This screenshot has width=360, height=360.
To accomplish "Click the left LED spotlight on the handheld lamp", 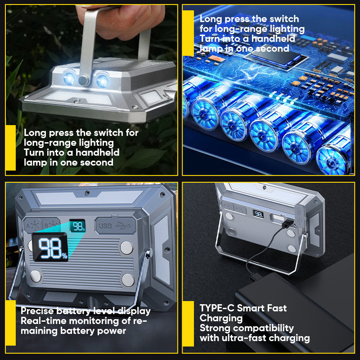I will [x=69, y=78].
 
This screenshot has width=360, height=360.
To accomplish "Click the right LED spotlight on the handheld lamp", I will [x=102, y=81].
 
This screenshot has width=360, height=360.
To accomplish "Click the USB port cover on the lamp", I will [x=114, y=225].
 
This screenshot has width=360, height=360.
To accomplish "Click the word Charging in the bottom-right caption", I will [x=221, y=318].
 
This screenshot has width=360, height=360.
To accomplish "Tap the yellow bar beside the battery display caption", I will [x=10, y=323].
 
